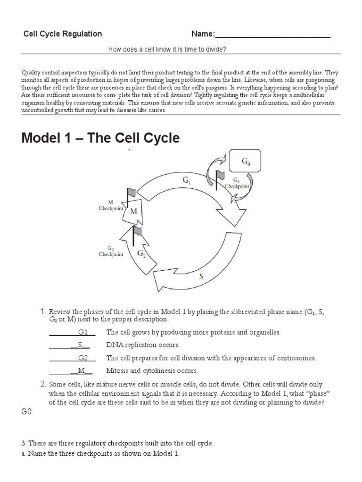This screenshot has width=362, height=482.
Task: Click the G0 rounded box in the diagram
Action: click(245, 161)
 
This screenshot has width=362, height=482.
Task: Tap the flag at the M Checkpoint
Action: click(131, 193)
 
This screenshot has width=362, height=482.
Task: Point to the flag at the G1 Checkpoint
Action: click(220, 175)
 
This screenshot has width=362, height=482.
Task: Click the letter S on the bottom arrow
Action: click(201, 277)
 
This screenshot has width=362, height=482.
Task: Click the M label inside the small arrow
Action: click(133, 211)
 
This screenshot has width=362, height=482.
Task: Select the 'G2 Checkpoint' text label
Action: click(111, 251)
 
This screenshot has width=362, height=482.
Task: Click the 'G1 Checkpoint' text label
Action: click(237, 183)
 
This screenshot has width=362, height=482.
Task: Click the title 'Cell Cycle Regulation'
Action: click(63, 34)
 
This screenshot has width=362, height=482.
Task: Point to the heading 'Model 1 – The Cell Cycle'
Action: click(100, 138)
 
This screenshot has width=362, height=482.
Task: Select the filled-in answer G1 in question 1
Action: click(83, 332)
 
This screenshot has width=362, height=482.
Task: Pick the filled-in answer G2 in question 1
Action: click(83, 358)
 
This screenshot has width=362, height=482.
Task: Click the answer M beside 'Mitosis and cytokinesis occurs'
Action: click(81, 371)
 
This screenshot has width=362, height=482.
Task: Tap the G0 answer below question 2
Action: click(26, 412)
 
